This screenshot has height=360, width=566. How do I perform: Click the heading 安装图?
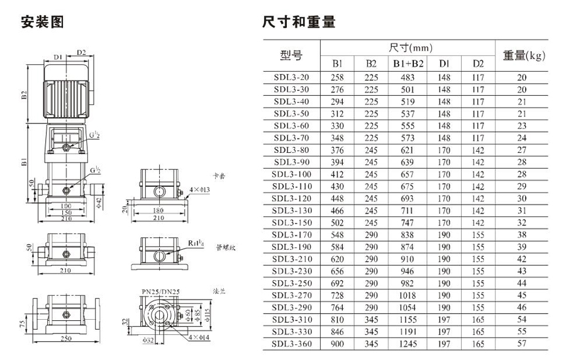tap(42, 23)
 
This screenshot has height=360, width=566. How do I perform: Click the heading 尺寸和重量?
tap(299, 23)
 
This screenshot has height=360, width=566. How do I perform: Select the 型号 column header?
tap(291, 55)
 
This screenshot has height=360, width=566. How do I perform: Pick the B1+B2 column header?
tap(408, 64)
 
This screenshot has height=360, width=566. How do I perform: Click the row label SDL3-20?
tap(291, 77)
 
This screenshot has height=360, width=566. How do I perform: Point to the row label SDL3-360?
tap(291, 344)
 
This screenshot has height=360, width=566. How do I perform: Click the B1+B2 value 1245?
tap(408, 344)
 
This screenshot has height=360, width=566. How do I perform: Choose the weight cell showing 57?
tap(521, 344)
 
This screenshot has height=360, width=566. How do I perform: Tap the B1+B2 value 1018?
tap(408, 295)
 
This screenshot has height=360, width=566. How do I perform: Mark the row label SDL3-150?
tap(291, 223)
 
